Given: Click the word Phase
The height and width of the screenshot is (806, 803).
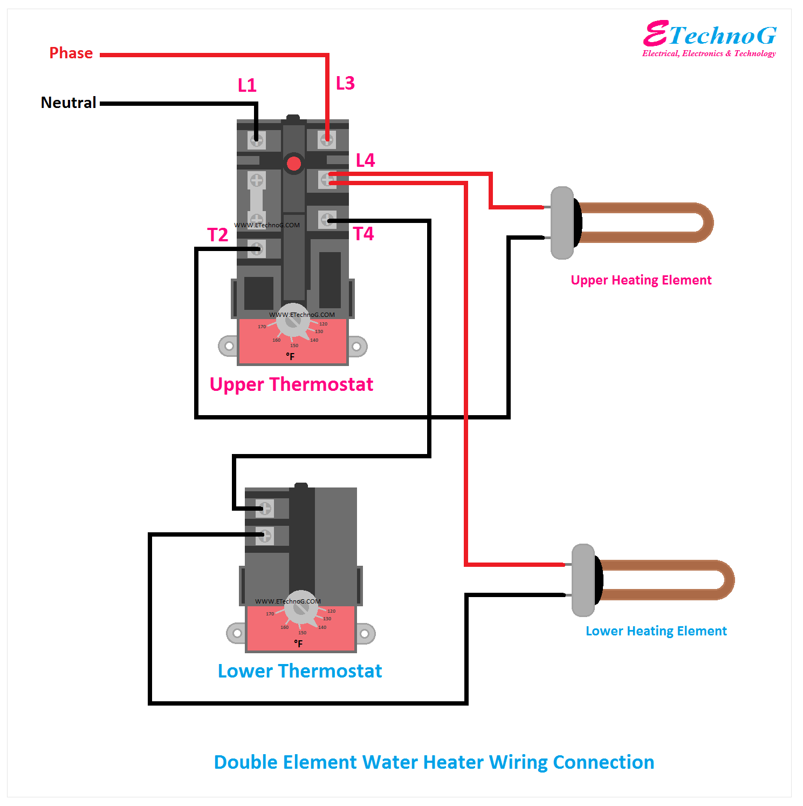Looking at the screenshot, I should [71, 53].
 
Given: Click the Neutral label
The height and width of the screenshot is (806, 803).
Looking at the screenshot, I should [68, 103].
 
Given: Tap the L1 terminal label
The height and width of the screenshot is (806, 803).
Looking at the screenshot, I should [247, 85].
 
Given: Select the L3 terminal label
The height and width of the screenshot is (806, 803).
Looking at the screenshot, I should [345, 83].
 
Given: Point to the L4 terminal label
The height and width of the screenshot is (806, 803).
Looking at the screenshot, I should [365, 160].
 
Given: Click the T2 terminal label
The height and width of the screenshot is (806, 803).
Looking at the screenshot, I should [218, 235].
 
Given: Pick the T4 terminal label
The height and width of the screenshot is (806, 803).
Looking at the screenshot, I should [363, 234].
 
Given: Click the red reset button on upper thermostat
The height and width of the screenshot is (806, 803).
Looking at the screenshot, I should [294, 164].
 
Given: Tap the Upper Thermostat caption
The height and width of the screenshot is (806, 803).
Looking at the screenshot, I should [291, 384].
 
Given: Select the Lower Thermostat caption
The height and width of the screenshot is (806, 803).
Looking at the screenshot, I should [300, 671].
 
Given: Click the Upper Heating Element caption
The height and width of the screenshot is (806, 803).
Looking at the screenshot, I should [641, 280].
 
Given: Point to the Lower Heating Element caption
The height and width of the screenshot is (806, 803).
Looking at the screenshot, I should [656, 631].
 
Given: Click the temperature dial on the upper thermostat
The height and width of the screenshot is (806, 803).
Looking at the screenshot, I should [293, 322].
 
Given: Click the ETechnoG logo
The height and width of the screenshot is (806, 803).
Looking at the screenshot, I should [709, 38].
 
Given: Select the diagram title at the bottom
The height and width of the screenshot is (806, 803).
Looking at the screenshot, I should [434, 762].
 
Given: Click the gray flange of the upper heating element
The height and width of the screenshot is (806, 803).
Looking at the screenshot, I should [562, 223].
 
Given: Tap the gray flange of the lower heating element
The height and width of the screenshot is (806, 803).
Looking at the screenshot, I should [583, 580].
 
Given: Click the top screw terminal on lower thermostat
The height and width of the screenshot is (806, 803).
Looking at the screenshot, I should [264, 508].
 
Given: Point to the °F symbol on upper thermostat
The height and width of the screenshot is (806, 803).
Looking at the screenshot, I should [290, 356].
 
